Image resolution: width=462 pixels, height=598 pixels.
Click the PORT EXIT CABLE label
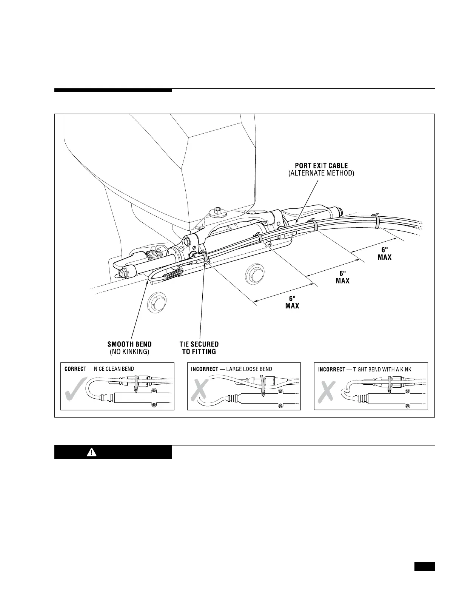(321, 166)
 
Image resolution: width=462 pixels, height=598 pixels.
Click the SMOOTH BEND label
(129, 344)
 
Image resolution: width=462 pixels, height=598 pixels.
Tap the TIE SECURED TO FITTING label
(199, 348)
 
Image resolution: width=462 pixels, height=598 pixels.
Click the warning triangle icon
(91, 452)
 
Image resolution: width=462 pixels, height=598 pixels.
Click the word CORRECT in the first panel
(75, 369)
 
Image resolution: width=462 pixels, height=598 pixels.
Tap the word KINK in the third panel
(404, 369)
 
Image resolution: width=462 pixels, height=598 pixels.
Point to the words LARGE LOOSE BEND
(249, 369)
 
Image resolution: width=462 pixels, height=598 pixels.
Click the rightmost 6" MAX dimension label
(385, 253)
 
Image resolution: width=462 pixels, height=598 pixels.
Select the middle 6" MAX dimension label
(342, 277)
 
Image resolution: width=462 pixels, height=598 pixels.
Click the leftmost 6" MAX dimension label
(292, 302)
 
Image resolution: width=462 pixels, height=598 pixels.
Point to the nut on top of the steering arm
(218, 210)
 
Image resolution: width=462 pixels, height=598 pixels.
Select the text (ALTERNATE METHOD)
(321, 173)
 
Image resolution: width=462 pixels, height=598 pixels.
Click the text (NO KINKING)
(129, 352)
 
